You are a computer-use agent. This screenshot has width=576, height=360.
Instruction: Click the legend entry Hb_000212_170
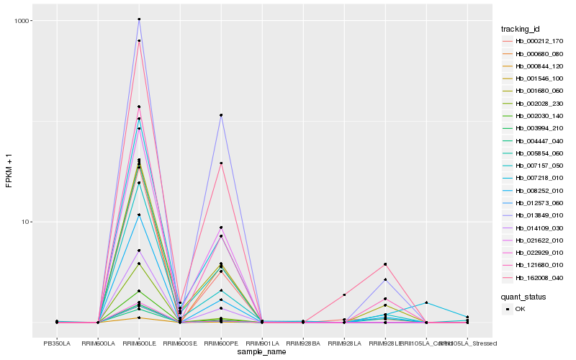click(x=534, y=41)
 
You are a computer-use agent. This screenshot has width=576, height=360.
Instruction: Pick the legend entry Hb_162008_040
click(x=534, y=277)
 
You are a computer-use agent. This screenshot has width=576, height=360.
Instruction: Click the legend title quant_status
click(x=523, y=296)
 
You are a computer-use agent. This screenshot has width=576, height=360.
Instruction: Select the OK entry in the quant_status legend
click(x=521, y=309)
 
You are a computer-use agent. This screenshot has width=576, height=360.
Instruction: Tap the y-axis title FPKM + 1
click(x=9, y=176)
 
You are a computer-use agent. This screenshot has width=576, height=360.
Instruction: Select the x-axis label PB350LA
click(x=57, y=343)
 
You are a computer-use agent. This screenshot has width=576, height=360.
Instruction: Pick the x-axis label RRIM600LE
click(x=139, y=343)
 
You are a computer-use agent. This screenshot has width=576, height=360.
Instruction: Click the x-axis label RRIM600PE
click(x=221, y=343)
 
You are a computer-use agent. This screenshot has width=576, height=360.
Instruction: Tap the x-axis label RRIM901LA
click(x=262, y=343)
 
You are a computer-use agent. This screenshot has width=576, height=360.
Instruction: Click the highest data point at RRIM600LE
click(x=139, y=19)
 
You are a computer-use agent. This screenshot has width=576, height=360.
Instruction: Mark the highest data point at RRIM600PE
click(x=221, y=115)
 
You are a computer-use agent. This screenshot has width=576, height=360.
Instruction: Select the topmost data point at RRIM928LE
click(x=385, y=264)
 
